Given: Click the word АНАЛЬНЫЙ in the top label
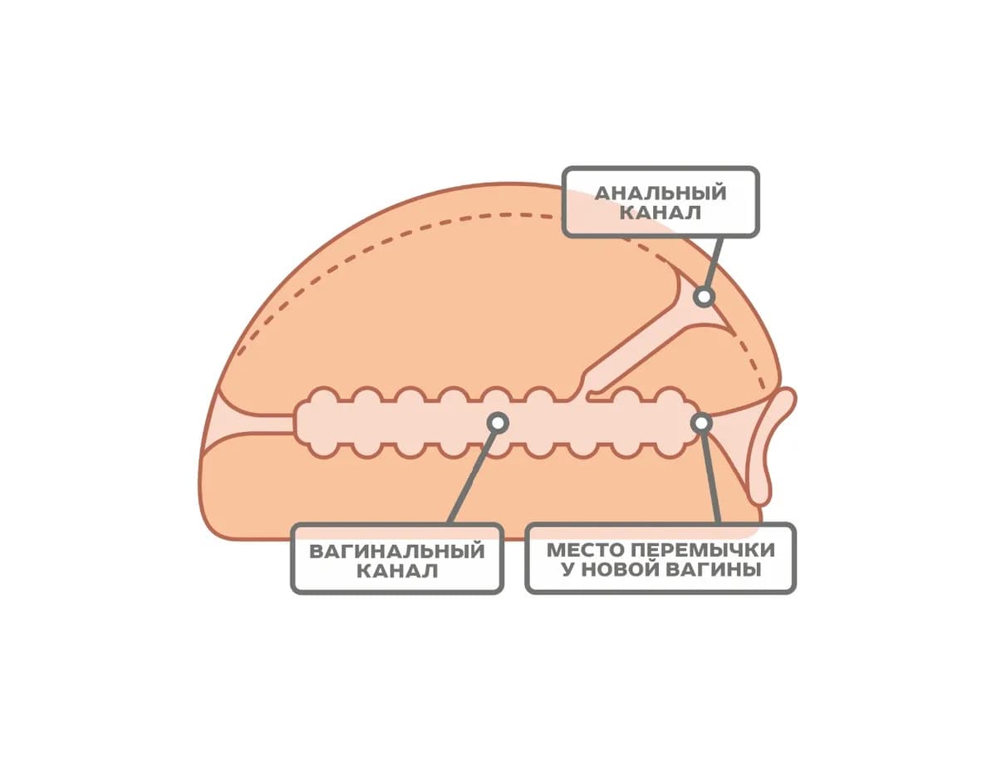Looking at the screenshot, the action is tap(660, 193).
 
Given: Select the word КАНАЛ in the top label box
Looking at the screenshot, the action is tap(660, 213).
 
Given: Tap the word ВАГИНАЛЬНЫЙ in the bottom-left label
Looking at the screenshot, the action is tap(396, 551).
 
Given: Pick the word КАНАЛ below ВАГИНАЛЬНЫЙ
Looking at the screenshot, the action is tap(396, 572).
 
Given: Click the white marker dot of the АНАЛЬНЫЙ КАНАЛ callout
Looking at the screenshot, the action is tap(704, 297).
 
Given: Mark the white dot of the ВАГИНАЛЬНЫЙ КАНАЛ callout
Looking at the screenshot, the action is tap(498, 423).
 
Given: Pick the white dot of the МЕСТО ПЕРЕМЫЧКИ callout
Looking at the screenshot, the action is tap(701, 423).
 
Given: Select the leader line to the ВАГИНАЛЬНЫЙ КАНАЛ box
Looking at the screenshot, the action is tap(472, 478).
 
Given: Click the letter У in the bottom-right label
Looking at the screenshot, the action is tap(568, 569).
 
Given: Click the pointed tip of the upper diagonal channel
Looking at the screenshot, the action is tap(733, 335).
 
